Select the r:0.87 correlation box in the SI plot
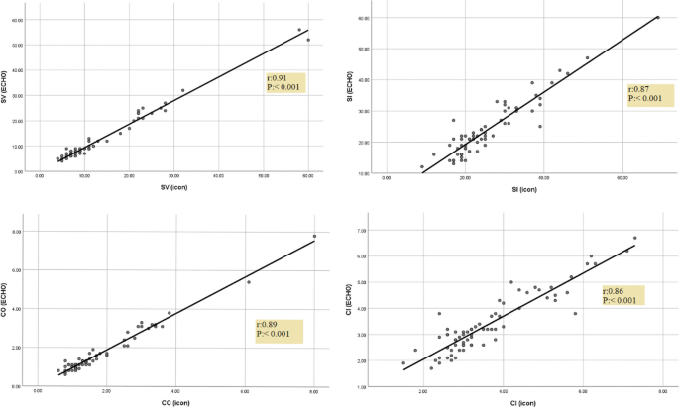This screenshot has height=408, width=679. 649,95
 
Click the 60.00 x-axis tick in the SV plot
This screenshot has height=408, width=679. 308,177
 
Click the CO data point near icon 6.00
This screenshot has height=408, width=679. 249,282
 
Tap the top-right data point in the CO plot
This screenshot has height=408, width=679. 314,237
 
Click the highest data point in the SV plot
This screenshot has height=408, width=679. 299,30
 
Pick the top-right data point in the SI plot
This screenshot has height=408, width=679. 657,17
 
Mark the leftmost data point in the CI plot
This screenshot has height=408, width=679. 403,363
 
